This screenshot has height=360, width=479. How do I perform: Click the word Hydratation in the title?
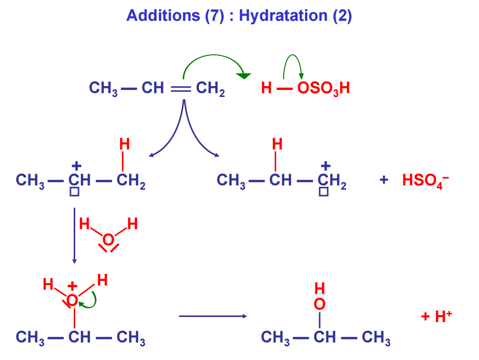point(283,16)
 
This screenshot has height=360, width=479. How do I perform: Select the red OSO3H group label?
point(323,88)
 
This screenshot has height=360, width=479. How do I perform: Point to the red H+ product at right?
point(436,316)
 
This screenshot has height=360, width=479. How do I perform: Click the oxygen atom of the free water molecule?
point(108,240)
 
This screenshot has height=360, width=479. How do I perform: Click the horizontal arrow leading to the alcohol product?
point(212,316)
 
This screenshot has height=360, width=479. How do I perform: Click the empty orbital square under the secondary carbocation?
point(74,192)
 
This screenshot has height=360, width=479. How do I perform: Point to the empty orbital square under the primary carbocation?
point(323,192)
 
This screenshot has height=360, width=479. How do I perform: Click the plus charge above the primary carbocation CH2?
point(325,166)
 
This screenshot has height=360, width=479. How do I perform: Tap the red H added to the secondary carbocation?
point(124,144)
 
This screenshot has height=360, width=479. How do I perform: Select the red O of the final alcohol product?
point(320,304)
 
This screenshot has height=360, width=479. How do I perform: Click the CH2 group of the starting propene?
point(210,88)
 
